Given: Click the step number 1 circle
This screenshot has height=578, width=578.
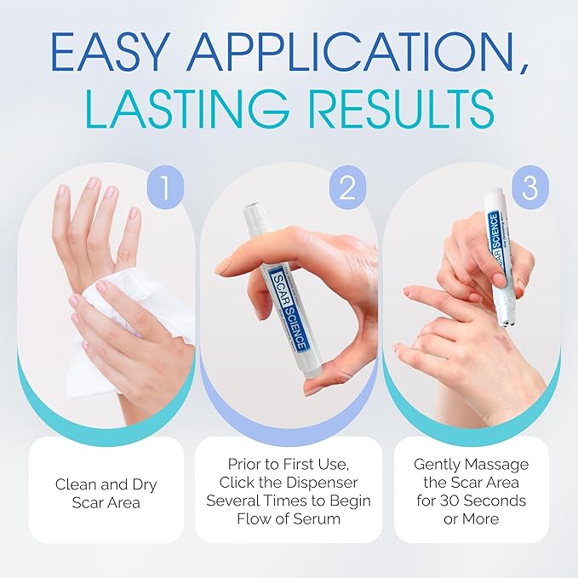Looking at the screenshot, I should tap(165, 188).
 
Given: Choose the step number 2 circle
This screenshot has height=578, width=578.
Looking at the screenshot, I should tap(346, 188).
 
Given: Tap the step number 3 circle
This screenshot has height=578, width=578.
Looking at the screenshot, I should tap(529, 188).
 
